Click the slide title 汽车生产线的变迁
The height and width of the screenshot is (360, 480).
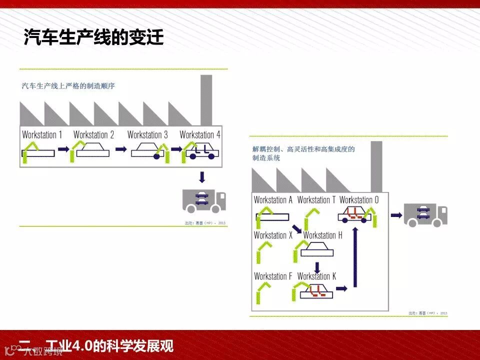(94, 37)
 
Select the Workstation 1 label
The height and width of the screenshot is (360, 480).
(42, 134)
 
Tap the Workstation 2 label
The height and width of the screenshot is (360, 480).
(93, 134)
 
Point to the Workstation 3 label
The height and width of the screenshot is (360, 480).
(147, 134)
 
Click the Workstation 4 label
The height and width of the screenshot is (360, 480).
(200, 134)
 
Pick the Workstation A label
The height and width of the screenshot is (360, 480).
(273, 200)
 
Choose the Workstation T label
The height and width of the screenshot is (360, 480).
(316, 200)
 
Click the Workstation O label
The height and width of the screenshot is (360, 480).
(359, 200)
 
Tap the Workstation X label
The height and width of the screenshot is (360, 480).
(273, 235)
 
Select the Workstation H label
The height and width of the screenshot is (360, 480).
(322, 235)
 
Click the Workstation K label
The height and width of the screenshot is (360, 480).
(317, 276)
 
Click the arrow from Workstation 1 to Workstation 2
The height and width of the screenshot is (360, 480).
(63, 149)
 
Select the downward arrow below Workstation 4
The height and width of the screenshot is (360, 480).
(202, 177)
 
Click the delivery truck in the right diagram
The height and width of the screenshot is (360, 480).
(425, 215)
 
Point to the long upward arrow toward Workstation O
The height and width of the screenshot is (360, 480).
(355, 257)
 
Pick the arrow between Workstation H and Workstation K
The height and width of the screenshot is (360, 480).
(317, 267)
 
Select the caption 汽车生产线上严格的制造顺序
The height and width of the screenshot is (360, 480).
(68, 86)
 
